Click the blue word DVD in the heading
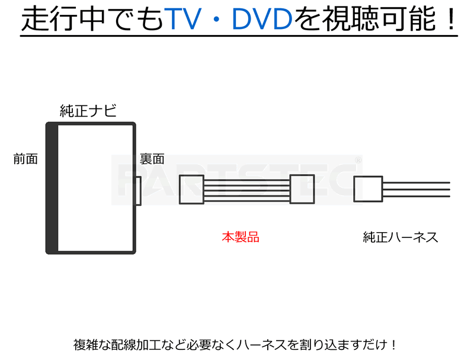(x=262, y=20)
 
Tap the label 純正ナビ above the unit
(x=88, y=111)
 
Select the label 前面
(x=25, y=159)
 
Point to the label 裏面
(x=152, y=159)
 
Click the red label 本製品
(x=241, y=237)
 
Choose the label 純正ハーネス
(x=401, y=237)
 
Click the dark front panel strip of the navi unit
(x=52, y=188)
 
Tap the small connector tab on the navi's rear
(x=138, y=191)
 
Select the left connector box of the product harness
(x=191, y=189)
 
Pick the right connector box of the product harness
(x=302, y=189)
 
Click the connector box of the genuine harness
(x=368, y=189)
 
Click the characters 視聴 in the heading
(x=351, y=20)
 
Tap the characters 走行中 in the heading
(x=63, y=20)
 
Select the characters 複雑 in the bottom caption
(x=85, y=345)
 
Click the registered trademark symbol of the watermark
(x=358, y=160)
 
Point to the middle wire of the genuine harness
(x=417, y=189)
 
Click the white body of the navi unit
(x=96, y=188)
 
